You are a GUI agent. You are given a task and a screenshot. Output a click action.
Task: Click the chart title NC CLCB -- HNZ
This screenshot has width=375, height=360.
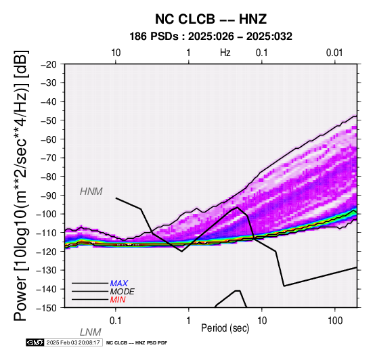(211, 19)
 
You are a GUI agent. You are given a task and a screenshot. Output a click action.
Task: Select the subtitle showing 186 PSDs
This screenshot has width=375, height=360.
(211, 37)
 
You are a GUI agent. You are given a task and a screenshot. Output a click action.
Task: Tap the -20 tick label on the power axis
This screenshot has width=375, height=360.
(49, 64)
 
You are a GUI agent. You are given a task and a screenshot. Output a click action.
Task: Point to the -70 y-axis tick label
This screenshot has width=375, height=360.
(49, 158)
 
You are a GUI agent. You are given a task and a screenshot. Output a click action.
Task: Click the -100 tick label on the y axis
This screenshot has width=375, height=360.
(47, 214)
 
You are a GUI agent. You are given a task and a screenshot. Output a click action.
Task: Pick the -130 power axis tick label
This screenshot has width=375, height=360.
(47, 270)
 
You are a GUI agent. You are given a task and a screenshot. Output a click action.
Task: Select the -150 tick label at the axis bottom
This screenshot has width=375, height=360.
(47, 308)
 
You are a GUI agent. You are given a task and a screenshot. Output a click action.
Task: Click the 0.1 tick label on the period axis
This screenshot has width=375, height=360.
(116, 321)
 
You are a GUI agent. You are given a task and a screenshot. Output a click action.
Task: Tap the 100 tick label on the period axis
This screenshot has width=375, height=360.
(335, 321)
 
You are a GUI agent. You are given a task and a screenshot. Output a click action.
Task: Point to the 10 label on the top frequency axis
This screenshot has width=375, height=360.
(116, 53)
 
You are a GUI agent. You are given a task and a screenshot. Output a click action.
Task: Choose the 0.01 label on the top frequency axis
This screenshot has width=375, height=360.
(334, 53)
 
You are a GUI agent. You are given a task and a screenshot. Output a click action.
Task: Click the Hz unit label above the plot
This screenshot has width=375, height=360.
(225, 53)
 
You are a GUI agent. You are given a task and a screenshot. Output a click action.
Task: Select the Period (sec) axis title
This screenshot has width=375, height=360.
(225, 328)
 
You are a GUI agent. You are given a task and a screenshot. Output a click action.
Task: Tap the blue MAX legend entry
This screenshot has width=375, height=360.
(119, 284)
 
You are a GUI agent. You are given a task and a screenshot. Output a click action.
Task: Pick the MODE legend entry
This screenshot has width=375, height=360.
(123, 292)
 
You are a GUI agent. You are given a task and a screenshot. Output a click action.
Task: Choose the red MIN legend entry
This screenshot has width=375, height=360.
(118, 300)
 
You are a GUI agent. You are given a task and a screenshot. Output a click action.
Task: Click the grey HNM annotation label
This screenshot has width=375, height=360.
(91, 192)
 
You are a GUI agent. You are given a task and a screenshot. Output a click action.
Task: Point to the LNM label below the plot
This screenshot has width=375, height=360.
(91, 332)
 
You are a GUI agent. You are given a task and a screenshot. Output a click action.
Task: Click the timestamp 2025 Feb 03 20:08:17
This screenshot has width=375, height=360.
(73, 342)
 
